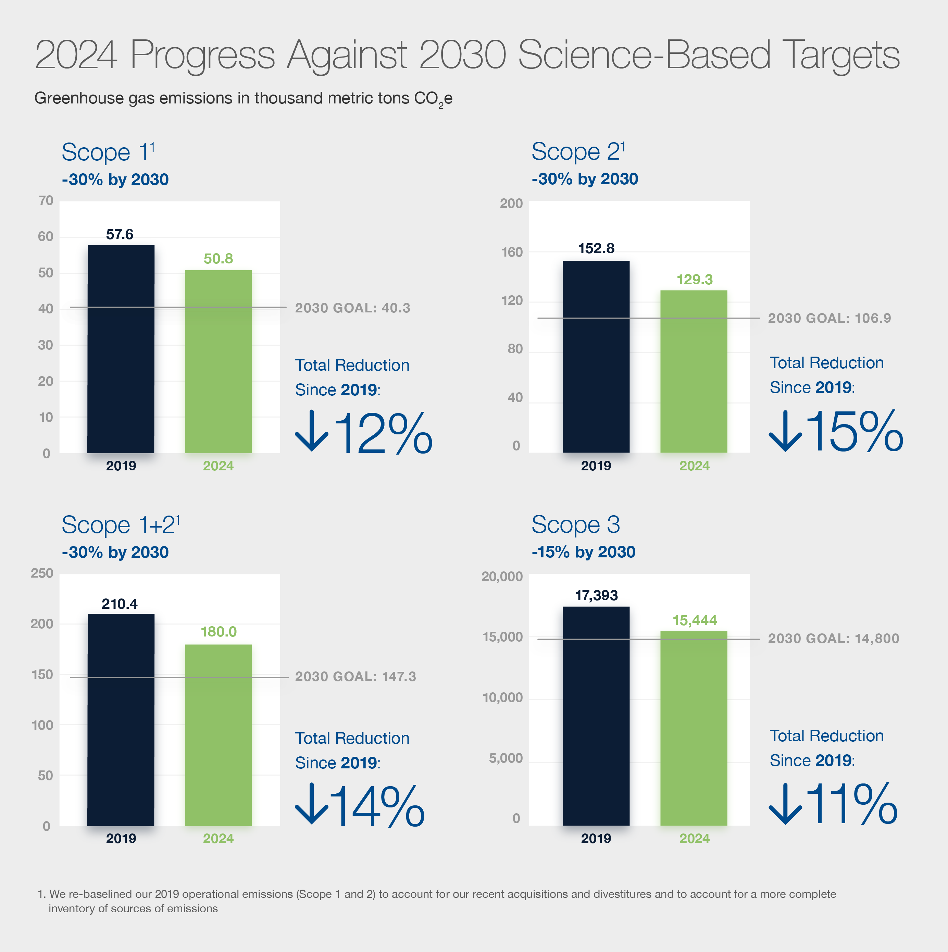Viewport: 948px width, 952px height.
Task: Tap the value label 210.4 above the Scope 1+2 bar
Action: pos(120,604)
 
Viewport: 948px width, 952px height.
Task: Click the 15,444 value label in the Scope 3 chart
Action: pos(695,620)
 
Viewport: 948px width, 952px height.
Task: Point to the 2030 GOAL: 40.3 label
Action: pos(352,308)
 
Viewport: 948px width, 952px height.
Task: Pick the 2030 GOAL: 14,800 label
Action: pos(833,639)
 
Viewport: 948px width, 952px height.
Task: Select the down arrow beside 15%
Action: pos(785,431)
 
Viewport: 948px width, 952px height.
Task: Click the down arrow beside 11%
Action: pos(785,804)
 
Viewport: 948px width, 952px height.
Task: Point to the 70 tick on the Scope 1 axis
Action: pos(46,200)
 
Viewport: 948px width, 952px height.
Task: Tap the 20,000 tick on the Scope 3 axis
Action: pos(502,577)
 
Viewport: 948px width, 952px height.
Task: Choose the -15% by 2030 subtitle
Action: pos(583,552)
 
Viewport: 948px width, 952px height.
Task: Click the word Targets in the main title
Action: pos(842,55)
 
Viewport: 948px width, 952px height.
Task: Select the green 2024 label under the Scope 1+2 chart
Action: pos(218,839)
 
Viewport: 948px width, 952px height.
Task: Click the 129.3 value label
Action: pos(694,280)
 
